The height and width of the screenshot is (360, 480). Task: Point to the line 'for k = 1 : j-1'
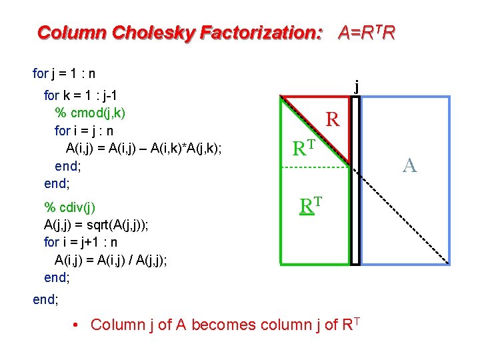[81, 95]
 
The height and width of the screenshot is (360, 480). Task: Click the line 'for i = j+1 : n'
[86, 242]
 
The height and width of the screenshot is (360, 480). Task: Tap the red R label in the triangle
[333, 120]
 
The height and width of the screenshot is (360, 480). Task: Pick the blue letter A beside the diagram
[410, 165]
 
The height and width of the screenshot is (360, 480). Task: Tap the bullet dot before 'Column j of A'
[77, 325]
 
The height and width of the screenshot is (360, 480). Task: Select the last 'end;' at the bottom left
[45, 299]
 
